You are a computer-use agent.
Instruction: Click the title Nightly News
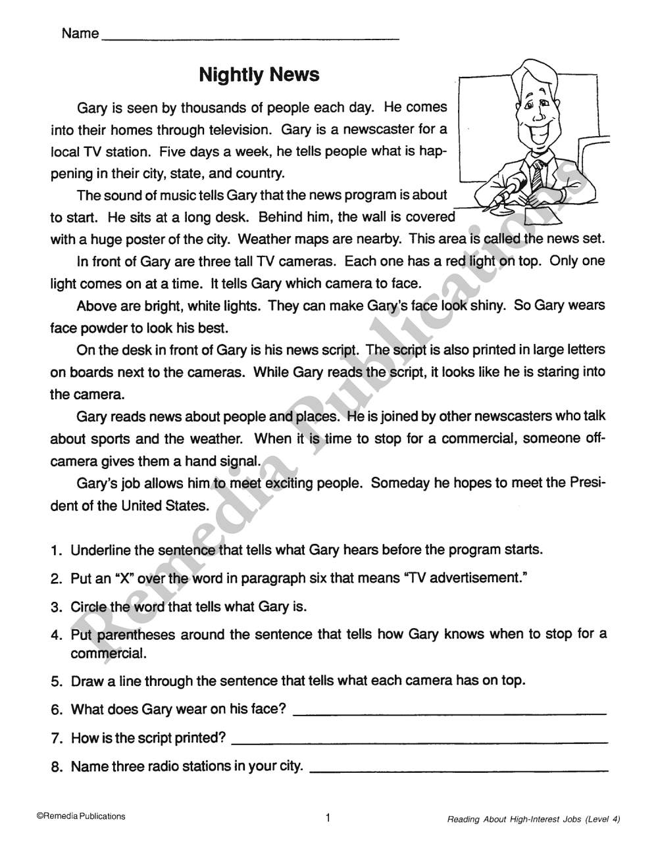[x=259, y=74]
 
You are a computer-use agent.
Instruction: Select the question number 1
[x=56, y=550]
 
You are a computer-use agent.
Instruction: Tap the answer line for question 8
[x=458, y=770]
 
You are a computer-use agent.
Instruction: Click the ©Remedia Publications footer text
[x=81, y=816]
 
